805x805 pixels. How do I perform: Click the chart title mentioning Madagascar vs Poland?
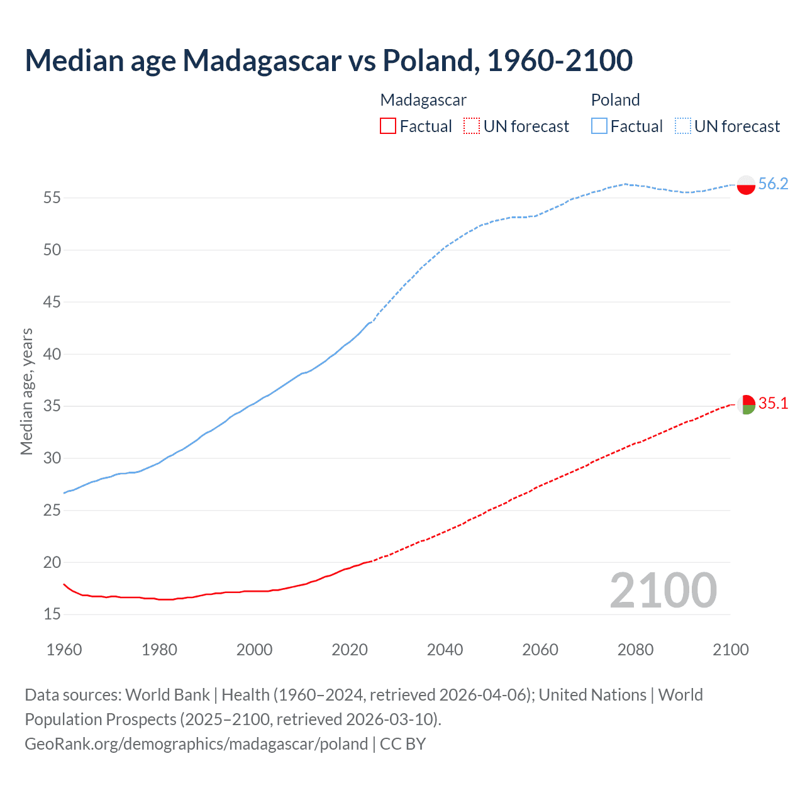[x=328, y=60]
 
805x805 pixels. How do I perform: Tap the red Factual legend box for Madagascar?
[x=388, y=126]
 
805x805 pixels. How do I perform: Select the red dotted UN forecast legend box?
[x=472, y=126]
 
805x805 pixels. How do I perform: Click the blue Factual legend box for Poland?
[x=599, y=126]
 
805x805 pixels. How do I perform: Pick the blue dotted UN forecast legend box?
[x=682, y=126]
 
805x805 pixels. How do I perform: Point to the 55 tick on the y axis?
[x=52, y=198]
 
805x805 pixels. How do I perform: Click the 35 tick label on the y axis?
[x=52, y=406]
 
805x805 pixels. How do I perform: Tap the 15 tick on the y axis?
[x=52, y=614]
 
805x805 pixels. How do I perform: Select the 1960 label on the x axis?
[x=64, y=650]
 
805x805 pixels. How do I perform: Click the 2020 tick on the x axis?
[x=350, y=650]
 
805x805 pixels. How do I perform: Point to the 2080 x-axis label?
[x=635, y=650]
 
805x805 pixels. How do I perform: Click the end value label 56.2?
[x=773, y=184]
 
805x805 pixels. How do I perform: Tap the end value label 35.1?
[x=773, y=403]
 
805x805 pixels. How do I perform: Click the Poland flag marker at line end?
[x=746, y=185]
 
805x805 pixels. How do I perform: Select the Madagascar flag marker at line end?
[x=746, y=404]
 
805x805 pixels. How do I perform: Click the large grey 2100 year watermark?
[x=663, y=590]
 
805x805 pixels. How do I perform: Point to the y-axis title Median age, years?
[x=26, y=391]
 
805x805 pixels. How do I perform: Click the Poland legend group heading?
[x=615, y=100]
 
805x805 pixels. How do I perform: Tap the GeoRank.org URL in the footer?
[x=196, y=744]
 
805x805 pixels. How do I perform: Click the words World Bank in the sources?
[x=167, y=695]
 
